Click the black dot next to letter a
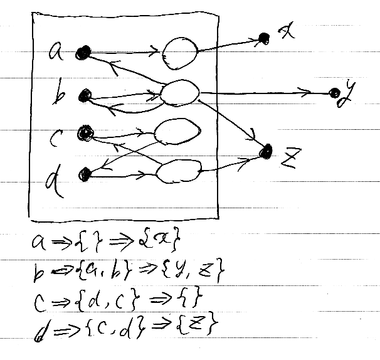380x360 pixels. (82, 54)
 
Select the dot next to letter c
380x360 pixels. (83, 133)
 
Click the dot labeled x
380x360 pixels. (265, 38)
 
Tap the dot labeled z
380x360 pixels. (268, 151)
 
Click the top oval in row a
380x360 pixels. (181, 50)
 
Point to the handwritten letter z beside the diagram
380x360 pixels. (288, 161)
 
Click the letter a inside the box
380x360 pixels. (55, 53)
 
